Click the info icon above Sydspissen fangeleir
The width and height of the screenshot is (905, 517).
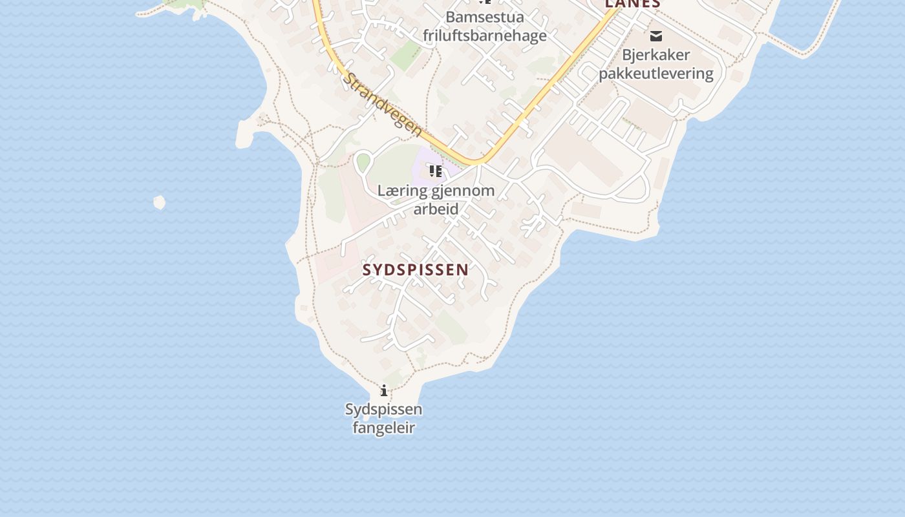click(x=384, y=390)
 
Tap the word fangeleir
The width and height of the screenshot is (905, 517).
click(x=383, y=428)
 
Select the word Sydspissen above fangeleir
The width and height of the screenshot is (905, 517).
click(x=383, y=409)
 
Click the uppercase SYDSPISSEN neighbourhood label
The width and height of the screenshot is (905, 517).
click(x=416, y=270)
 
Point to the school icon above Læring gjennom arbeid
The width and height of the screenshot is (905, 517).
click(x=435, y=171)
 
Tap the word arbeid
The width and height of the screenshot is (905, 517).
click(x=436, y=209)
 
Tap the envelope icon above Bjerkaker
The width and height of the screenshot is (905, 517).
click(x=656, y=36)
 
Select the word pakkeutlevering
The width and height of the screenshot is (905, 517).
click(x=655, y=74)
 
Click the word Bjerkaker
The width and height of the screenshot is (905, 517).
click(x=655, y=55)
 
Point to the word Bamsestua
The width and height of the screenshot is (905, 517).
click(x=485, y=17)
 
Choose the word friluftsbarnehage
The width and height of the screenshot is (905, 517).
click(x=485, y=36)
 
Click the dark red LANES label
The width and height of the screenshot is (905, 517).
click(x=632, y=4)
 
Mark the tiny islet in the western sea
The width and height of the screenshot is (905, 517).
click(x=159, y=203)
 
